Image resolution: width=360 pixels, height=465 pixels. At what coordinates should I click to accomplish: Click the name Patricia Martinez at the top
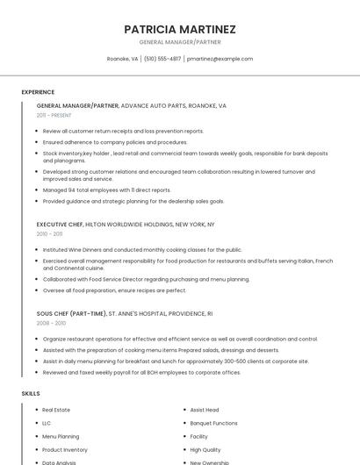point(180,29)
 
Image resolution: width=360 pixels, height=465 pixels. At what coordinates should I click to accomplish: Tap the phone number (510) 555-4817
point(162,59)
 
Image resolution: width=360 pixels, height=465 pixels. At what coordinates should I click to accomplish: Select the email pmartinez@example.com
point(220,59)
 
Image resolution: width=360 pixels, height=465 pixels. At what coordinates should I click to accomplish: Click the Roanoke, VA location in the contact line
point(122,59)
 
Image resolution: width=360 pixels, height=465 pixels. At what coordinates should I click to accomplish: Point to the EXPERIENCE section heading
point(38,92)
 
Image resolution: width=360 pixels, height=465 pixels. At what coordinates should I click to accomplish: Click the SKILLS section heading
point(31,394)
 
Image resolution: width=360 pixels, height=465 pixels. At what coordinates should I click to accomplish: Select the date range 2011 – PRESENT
point(54,115)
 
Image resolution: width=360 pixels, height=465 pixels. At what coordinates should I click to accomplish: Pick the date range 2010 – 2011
point(49,234)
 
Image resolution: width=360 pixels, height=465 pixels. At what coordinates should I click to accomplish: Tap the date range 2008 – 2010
point(51,323)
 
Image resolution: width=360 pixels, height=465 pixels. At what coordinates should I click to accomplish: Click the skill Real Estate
point(56,410)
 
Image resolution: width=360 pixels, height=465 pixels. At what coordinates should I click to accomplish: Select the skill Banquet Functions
point(213,423)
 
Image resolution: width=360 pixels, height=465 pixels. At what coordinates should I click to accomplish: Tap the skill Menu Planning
point(61,436)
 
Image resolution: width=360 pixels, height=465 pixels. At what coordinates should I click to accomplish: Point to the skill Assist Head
point(205,410)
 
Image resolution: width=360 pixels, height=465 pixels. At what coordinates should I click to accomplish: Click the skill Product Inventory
point(65,449)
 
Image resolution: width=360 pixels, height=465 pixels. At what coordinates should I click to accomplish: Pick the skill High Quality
point(205,449)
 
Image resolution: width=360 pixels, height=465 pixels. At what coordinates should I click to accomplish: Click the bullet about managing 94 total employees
point(106,190)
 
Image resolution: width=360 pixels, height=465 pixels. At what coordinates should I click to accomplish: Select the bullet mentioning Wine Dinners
point(141,249)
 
